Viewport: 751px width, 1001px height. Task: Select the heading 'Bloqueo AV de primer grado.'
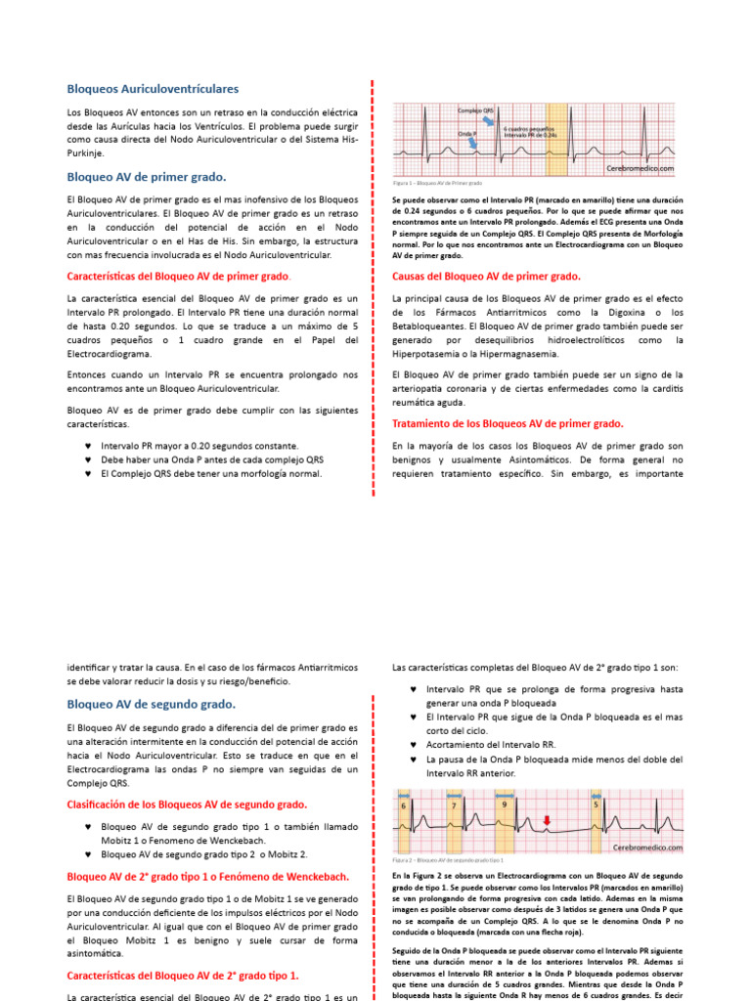(146, 177)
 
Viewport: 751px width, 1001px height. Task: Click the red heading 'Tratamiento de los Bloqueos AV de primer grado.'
(507, 423)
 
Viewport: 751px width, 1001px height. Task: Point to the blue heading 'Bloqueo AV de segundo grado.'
(151, 704)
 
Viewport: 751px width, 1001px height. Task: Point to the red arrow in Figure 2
(547, 819)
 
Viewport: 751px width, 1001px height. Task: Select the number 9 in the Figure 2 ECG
(503, 805)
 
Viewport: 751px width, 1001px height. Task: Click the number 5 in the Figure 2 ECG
(596, 805)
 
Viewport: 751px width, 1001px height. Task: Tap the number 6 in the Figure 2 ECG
(404, 805)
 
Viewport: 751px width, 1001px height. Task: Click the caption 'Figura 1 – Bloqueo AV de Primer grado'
(437, 184)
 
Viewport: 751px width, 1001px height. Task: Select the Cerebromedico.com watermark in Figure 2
(647, 849)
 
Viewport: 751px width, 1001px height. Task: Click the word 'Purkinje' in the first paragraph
(90, 152)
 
